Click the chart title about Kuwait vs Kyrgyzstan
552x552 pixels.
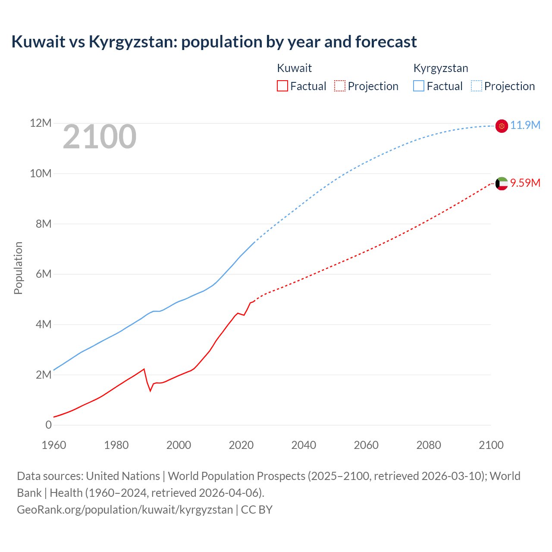[x=214, y=42]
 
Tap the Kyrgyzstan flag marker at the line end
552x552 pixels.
[x=502, y=126]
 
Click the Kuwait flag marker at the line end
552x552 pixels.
[x=502, y=184]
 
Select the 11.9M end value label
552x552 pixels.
[x=525, y=125]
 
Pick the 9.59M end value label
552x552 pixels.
[x=525, y=183]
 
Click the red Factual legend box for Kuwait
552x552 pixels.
[x=282, y=86]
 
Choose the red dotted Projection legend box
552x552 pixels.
[x=340, y=86]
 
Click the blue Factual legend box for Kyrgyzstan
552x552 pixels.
[x=419, y=86]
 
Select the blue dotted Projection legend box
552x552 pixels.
[x=477, y=86]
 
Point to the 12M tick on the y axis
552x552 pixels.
[x=41, y=123]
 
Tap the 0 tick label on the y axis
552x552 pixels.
[x=48, y=425]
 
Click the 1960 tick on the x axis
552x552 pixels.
[x=54, y=445]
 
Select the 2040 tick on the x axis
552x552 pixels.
[x=304, y=445]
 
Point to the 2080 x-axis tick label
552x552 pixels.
[x=429, y=445]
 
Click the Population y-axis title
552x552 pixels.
[x=18, y=268]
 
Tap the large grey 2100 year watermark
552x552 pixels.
[x=100, y=137]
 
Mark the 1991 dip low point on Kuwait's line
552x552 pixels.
[x=151, y=391]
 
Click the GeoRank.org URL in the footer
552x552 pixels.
[x=125, y=510]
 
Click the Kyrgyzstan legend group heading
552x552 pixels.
[x=441, y=68]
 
